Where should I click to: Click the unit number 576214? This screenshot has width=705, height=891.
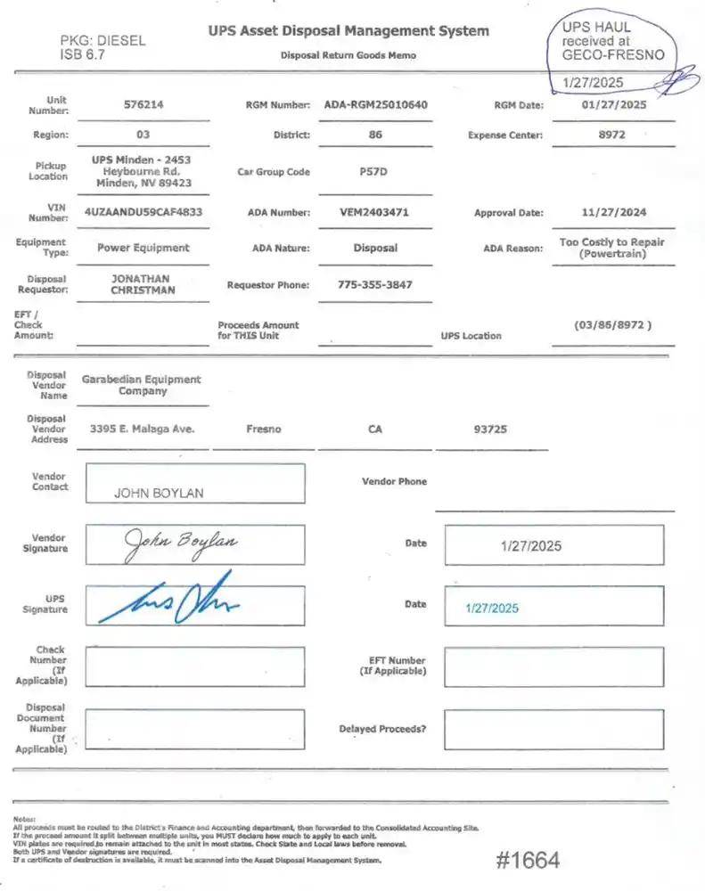143,104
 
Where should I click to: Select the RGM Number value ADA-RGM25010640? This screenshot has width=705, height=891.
375,104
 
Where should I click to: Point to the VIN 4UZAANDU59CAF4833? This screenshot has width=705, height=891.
143,212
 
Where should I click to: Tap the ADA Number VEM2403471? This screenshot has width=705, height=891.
375,212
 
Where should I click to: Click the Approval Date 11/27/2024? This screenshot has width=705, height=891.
613,212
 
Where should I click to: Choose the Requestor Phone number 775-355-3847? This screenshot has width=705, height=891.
375,285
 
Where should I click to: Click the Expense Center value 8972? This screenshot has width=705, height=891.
612,135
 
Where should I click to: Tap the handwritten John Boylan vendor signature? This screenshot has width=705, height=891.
180,541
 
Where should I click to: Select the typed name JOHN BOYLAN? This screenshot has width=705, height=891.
159,493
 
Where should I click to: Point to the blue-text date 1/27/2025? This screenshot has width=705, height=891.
492,608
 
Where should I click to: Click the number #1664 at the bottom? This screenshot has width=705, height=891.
528,860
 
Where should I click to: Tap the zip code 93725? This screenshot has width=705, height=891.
490,429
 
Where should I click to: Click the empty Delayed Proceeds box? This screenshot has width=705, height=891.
553,729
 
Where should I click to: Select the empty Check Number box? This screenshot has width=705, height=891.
194,666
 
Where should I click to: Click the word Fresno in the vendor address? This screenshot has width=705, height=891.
263,429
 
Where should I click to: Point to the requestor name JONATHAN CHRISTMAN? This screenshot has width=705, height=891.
143,284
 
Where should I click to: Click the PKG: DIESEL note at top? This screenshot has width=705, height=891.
102,40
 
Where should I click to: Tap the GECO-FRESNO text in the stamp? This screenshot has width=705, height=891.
613,54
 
